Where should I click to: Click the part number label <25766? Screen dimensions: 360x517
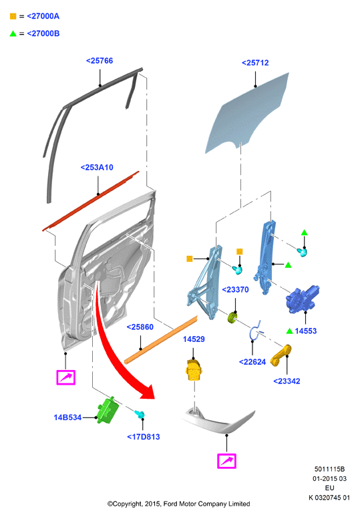click(x=100, y=61)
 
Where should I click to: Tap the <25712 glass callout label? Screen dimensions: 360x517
click(x=255, y=63)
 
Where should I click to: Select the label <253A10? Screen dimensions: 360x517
click(x=97, y=168)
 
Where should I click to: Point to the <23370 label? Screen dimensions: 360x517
click(x=235, y=289)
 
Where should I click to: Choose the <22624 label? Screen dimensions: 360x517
click(x=252, y=362)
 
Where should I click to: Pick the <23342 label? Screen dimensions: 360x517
click(x=287, y=381)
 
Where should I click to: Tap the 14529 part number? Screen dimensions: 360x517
click(x=194, y=339)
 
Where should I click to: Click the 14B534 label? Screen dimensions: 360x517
click(x=67, y=417)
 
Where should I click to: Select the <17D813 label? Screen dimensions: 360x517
click(x=144, y=437)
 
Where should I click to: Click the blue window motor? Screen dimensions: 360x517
click(x=302, y=299)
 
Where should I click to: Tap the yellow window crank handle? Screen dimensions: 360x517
click(x=281, y=355)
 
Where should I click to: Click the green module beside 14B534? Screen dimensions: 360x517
click(x=108, y=411)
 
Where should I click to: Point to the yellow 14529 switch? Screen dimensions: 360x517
click(x=194, y=370)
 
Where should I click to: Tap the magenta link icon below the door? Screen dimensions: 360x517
click(x=66, y=377)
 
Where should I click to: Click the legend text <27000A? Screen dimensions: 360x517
click(x=43, y=16)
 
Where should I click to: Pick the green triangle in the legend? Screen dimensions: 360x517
click(x=13, y=33)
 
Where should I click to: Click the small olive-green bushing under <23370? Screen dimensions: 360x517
click(x=232, y=317)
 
